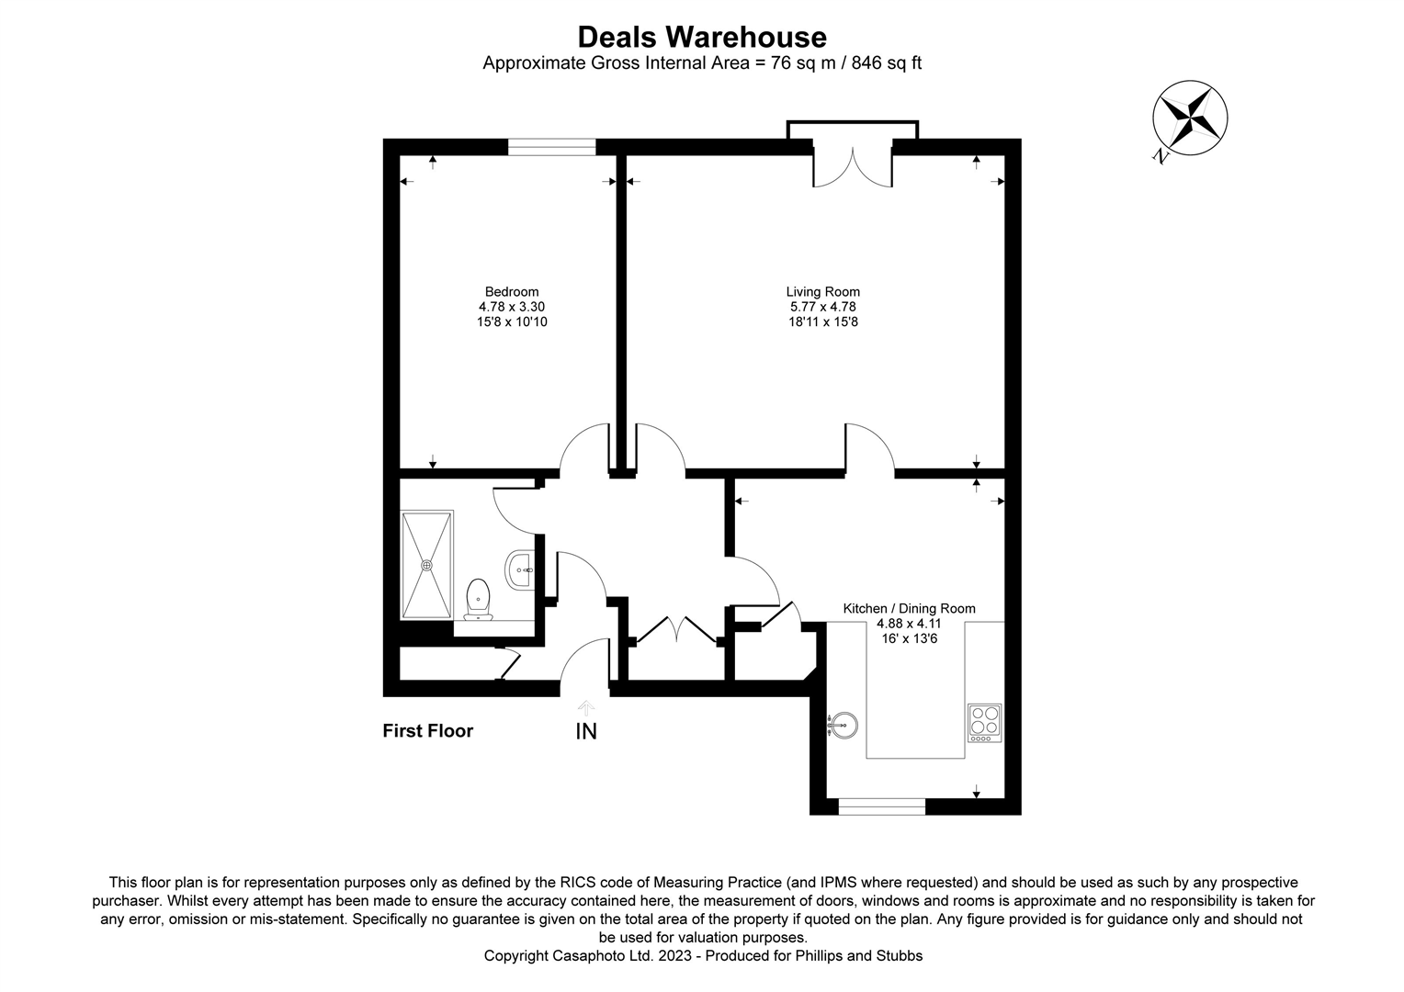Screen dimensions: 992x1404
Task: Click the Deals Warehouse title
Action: [x=702, y=37]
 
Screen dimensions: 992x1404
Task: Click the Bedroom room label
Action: [x=512, y=292]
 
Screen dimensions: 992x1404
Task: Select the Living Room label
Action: [x=822, y=292]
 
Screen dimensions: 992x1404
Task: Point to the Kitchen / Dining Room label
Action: [x=909, y=608]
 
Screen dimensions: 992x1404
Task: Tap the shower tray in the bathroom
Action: [x=427, y=565]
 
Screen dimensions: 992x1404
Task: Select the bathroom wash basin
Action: [x=520, y=569]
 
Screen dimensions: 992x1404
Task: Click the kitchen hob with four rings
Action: [x=984, y=723]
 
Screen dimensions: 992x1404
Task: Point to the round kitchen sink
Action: [x=844, y=727]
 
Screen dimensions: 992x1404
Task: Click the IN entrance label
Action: [x=586, y=732]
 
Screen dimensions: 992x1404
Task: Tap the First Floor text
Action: [x=427, y=731]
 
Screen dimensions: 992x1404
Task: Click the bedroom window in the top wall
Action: [x=551, y=147]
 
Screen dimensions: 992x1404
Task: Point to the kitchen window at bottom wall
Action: [x=882, y=806]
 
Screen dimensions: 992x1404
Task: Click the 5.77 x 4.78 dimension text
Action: [x=822, y=307]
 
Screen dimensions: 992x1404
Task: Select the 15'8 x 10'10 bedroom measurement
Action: [x=512, y=322]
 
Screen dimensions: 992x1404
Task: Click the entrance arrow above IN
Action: [x=586, y=707]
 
